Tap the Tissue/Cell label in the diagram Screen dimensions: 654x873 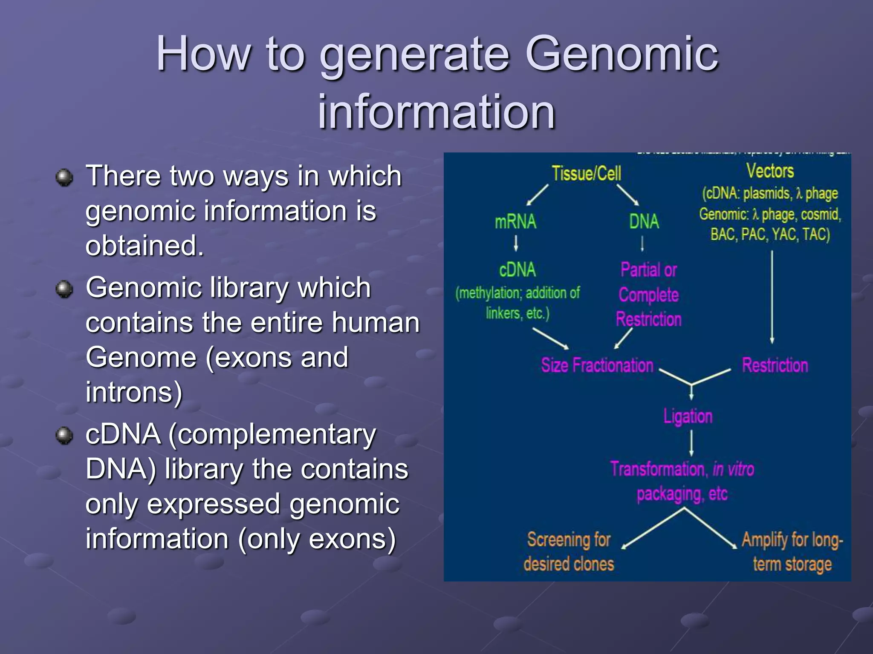coord(586,174)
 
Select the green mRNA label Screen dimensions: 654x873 coord(515,222)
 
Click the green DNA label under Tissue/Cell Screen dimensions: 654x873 coord(644,222)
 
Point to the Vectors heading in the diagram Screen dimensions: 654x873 coord(770,171)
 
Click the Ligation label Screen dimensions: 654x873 coord(688,416)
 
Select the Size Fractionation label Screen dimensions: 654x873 coord(597,365)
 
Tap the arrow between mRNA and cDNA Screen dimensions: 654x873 coord(516,243)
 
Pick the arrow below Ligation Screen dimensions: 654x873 coord(691,443)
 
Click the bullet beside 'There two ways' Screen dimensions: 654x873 coord(65,177)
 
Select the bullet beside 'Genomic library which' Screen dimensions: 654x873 coord(65,289)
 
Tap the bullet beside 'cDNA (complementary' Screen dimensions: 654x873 coord(65,436)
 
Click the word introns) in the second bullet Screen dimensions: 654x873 coord(134,392)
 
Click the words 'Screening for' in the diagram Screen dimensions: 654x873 coord(569,539)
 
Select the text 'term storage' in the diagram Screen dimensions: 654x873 coord(792,564)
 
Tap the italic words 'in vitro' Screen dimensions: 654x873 coord(733,469)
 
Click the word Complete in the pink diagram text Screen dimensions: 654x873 coord(648,295)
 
